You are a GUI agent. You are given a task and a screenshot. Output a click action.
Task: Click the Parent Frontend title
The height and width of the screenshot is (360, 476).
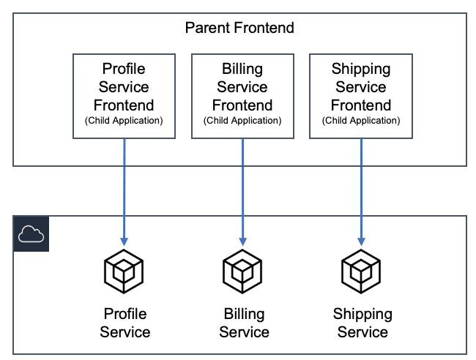239,29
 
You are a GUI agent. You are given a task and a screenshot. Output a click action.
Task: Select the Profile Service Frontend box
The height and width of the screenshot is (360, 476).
124,95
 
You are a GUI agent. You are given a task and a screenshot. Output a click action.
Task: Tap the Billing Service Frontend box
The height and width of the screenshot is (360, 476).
242,95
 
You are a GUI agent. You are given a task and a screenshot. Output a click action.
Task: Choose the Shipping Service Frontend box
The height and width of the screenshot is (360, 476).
361,95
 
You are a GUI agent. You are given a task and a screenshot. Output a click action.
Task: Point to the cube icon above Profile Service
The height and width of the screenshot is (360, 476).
124,271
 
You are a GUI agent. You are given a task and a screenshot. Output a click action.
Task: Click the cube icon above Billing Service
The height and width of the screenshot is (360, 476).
242,271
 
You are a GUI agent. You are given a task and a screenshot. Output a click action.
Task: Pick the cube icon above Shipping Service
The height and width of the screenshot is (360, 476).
361,271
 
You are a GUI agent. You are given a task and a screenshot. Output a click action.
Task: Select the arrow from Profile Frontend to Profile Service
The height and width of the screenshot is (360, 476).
124,190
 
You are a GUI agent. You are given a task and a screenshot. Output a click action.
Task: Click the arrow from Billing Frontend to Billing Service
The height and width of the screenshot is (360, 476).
242,190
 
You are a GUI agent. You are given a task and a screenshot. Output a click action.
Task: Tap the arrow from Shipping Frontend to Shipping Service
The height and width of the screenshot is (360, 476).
361,190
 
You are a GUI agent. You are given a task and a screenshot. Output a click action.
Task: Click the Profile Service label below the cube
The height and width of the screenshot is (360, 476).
124,323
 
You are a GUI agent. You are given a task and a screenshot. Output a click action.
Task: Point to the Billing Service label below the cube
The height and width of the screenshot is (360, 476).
244,323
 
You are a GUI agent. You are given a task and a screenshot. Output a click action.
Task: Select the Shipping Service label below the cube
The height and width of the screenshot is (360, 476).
362,323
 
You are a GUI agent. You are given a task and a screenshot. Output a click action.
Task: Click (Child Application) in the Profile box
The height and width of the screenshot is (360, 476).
124,121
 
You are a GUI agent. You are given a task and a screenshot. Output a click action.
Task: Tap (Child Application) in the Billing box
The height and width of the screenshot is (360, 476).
242,121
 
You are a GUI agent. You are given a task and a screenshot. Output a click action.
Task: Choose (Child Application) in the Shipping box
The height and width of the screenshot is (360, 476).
361,121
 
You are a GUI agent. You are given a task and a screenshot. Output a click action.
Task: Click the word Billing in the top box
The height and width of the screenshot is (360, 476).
242,70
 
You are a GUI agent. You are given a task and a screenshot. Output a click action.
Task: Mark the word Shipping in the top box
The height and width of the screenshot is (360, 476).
361,70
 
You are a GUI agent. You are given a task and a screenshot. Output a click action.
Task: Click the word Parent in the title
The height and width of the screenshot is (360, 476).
208,29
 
